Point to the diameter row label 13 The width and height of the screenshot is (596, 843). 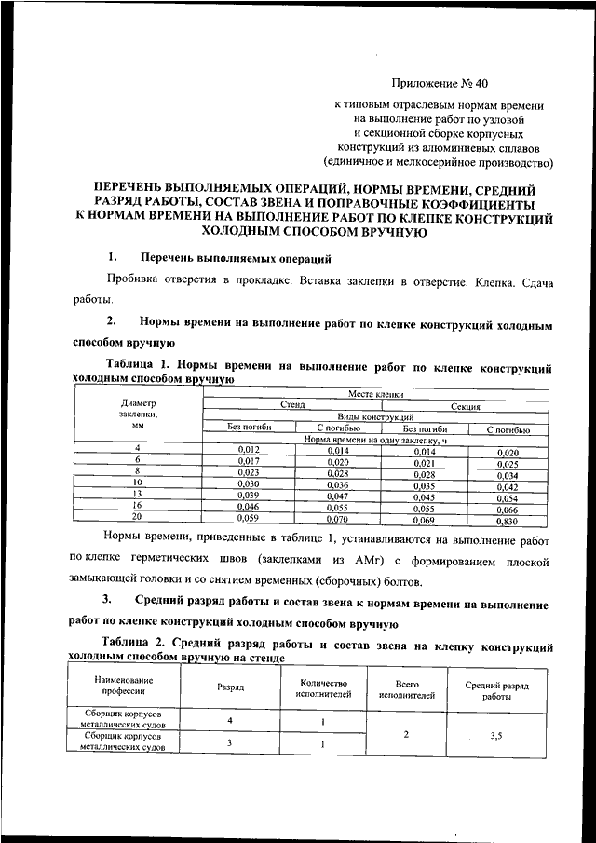pyautogui.click(x=137, y=494)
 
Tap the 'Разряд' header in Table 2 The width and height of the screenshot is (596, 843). pyautogui.click(x=231, y=687)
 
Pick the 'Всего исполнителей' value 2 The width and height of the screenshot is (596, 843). pyautogui.click(x=407, y=734)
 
